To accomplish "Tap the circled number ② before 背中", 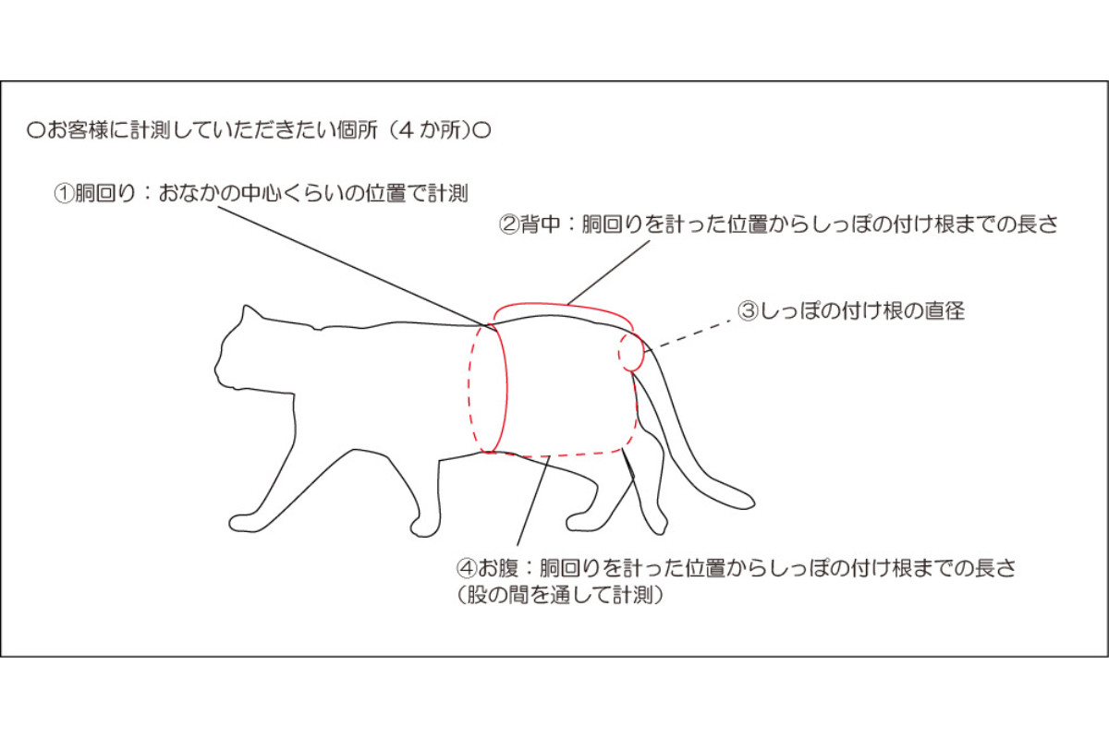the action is pos(509,224).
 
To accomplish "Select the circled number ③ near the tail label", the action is pos(748,311).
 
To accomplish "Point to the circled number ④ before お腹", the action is pos(467,568).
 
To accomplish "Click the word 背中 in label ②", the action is pos(540,224).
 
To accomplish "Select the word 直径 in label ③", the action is pos(945,311).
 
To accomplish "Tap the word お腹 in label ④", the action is pos(497,568).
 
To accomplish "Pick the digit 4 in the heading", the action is pos(406,130).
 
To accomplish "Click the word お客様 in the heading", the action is pos(78,130).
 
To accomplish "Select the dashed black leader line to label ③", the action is pos(689,335).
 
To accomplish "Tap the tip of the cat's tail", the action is pos(753,503).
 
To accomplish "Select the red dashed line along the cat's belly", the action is pos(559,454).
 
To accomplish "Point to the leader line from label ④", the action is pos(534,501).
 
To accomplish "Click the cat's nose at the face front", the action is pos(216,369).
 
